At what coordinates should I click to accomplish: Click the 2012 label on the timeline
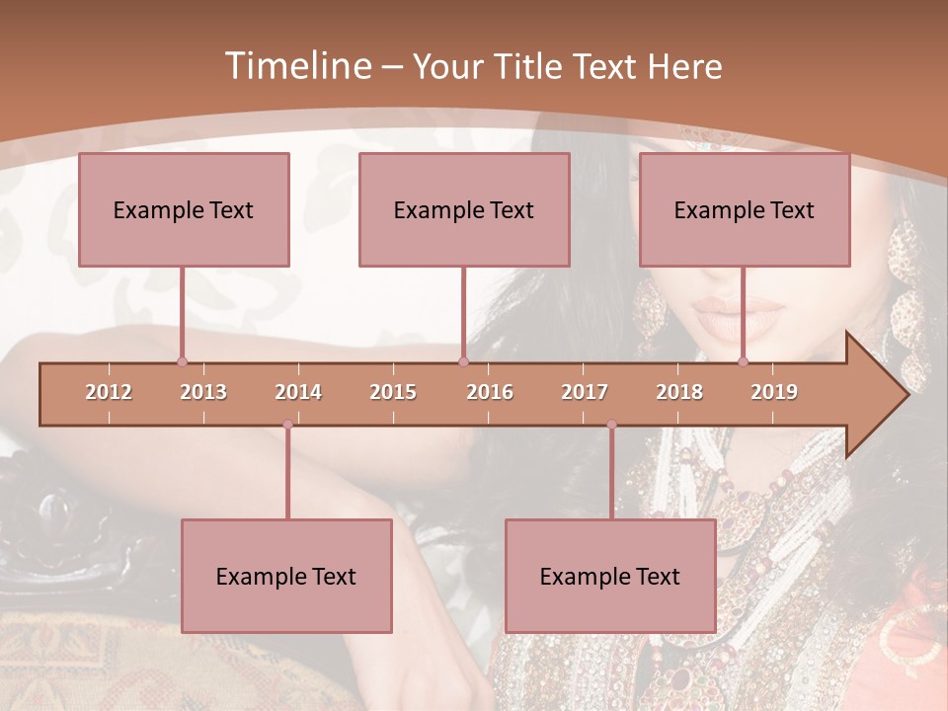pyautogui.click(x=109, y=392)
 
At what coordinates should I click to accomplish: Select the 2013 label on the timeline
pyautogui.click(x=203, y=392)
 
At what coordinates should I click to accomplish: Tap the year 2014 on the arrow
pyautogui.click(x=298, y=392)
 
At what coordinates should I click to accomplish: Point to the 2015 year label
pyautogui.click(x=393, y=392)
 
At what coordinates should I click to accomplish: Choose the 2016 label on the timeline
pyautogui.click(x=490, y=392)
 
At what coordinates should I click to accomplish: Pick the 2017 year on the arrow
pyautogui.click(x=585, y=392)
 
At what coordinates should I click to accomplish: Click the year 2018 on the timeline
pyautogui.click(x=679, y=392)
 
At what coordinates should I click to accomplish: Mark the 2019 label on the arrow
pyautogui.click(x=774, y=392)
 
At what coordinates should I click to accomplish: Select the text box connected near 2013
pyautogui.click(x=184, y=209)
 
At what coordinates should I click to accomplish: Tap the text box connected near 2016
pyautogui.click(x=464, y=209)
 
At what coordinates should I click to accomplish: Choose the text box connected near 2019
pyautogui.click(x=745, y=209)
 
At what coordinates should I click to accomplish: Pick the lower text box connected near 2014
pyautogui.click(x=286, y=577)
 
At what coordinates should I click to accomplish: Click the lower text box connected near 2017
pyautogui.click(x=610, y=577)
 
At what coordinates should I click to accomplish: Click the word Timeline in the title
pyautogui.click(x=296, y=66)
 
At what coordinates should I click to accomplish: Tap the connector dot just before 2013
pyautogui.click(x=182, y=361)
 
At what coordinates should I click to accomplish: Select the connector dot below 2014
pyautogui.click(x=287, y=425)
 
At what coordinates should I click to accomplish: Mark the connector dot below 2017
pyautogui.click(x=611, y=425)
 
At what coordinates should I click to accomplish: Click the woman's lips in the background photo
pyautogui.click(x=736, y=318)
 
